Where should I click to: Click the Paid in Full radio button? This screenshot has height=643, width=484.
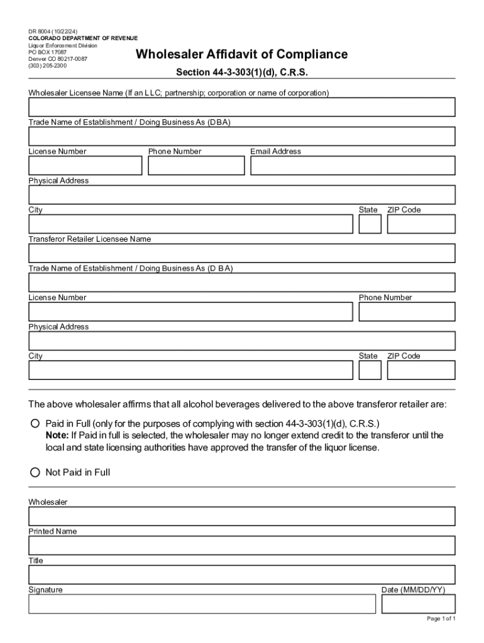(x=35, y=423)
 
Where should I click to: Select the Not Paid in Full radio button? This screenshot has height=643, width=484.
(x=35, y=472)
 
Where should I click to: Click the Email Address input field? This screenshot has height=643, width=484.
(x=353, y=166)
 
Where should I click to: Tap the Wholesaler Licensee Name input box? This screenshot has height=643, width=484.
(x=242, y=107)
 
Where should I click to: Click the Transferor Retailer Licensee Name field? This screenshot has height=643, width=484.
(x=242, y=253)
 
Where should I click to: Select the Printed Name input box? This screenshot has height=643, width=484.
(x=242, y=545)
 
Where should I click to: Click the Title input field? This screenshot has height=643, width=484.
(x=242, y=575)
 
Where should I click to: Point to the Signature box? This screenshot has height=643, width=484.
(x=202, y=604)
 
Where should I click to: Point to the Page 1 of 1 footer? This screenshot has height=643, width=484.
(x=441, y=619)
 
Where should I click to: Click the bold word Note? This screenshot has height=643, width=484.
(x=57, y=435)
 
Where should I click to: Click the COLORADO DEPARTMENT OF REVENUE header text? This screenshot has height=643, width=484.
(x=83, y=38)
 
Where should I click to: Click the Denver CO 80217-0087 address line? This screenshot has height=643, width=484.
(x=58, y=58)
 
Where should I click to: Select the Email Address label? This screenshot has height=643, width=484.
(x=275, y=151)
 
